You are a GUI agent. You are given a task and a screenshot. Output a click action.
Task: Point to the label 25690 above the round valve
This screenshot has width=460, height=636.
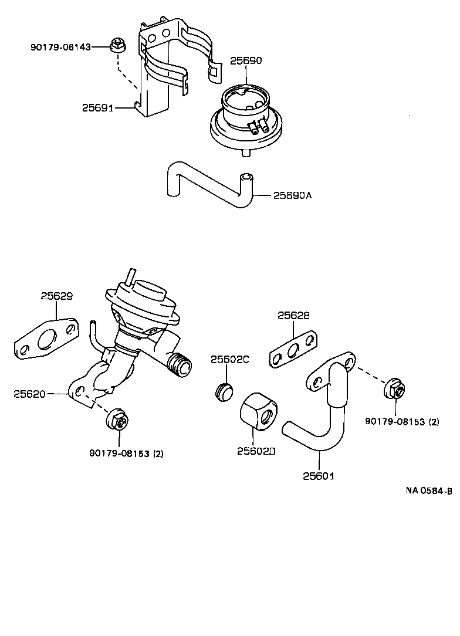(245, 60)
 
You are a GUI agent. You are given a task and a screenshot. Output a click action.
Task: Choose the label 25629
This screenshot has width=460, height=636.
(56, 296)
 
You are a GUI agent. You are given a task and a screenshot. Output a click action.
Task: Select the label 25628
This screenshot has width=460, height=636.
(293, 316)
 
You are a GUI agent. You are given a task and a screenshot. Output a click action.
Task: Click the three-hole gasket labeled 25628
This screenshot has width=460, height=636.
(294, 349)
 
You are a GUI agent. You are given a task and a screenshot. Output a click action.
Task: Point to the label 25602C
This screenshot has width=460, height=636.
(230, 359)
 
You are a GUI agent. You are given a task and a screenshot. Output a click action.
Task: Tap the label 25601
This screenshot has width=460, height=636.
(319, 476)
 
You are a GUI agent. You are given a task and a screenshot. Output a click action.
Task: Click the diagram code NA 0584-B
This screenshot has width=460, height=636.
(428, 492)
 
